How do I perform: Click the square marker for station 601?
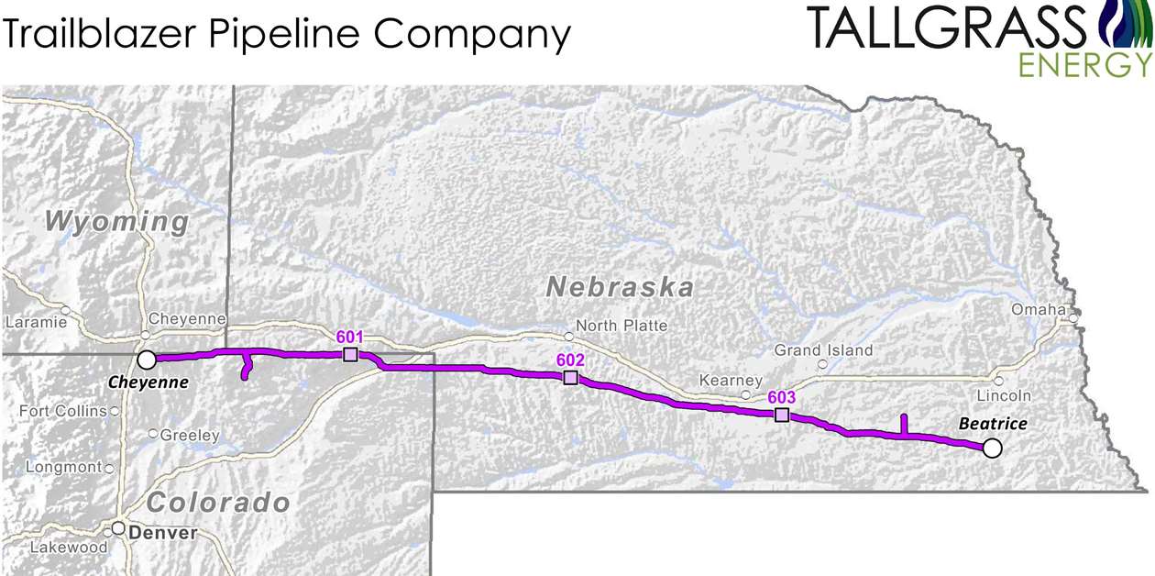(349, 355)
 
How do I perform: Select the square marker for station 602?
(570, 378)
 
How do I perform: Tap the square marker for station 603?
(781, 415)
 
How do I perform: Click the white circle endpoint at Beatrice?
(991, 449)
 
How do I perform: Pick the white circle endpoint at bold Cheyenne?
(146, 359)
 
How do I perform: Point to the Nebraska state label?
(620, 287)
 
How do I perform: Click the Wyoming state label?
(116, 221)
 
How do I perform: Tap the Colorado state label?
(218, 503)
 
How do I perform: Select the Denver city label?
(162, 533)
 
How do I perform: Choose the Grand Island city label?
(823, 350)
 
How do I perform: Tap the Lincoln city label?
(1003, 396)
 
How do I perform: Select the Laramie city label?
(36, 323)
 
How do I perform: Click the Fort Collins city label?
(62, 412)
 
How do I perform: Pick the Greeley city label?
(190, 436)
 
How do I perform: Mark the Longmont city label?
(63, 468)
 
